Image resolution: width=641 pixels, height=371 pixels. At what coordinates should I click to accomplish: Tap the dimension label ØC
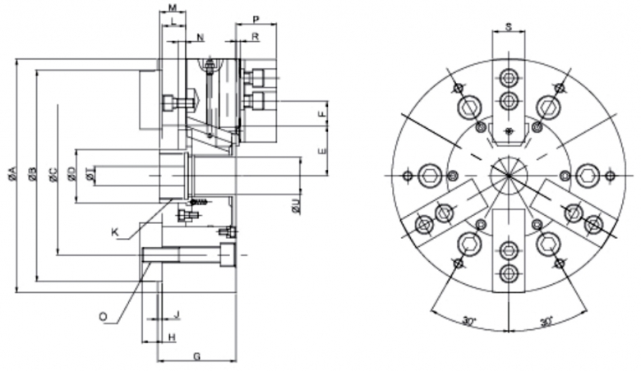53,174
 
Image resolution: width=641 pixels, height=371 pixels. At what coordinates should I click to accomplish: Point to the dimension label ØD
71,174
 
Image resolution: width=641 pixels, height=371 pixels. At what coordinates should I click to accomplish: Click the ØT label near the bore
90,174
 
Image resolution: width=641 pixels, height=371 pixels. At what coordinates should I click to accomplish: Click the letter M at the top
173,7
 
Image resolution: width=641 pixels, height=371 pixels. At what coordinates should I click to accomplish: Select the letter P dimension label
256,18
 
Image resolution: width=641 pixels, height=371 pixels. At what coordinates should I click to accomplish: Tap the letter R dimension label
256,37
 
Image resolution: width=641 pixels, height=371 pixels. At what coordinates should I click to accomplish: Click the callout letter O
102,314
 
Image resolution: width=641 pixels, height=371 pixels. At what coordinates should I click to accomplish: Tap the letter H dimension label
171,337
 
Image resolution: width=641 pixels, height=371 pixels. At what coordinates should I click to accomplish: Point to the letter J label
177,314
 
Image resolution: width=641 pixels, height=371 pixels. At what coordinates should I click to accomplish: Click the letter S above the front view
509,27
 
